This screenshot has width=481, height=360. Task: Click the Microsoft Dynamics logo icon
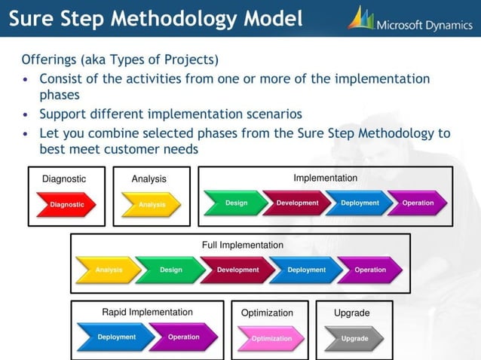[361, 17]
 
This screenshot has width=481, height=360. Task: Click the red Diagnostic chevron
[67, 204]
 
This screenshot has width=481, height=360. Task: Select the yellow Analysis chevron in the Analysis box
[151, 204]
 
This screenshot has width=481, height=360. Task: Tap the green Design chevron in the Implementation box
[234, 203]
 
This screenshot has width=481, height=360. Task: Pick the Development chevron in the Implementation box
[296, 203]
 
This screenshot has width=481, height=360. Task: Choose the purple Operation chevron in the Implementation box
[418, 203]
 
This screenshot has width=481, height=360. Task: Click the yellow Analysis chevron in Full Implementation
[108, 270]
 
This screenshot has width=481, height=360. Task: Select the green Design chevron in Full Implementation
[170, 270]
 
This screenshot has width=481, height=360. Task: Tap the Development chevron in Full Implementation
[237, 270]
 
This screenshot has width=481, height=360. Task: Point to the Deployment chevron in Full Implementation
[305, 270]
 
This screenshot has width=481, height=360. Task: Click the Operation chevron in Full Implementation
[369, 270]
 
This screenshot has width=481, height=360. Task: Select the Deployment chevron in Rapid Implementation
[115, 337]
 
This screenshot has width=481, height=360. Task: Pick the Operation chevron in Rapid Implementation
[182, 337]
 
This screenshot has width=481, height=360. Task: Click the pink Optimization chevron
[271, 338]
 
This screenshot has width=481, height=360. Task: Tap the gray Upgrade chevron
[354, 338]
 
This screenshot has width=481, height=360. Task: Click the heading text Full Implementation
[242, 245]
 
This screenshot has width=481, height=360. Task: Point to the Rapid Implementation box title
[147, 312]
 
